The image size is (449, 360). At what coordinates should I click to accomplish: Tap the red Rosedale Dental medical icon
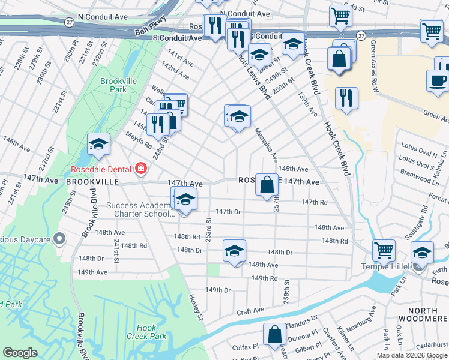140,168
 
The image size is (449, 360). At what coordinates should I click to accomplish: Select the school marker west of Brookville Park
98,143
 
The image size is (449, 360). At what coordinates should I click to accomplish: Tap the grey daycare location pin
59,239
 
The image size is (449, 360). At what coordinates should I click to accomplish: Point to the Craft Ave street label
250,311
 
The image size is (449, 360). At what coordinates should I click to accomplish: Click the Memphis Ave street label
265,145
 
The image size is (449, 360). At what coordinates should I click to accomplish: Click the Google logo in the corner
20,352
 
